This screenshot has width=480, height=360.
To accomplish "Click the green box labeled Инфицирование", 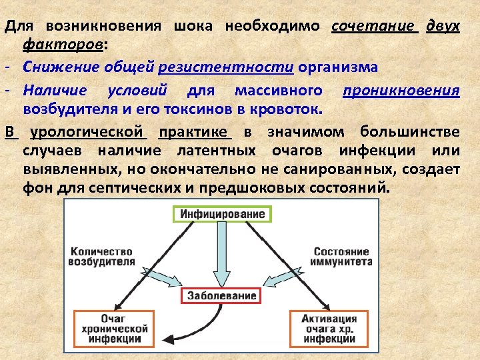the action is click(220, 214).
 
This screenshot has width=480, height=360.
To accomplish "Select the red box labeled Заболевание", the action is click(220, 295).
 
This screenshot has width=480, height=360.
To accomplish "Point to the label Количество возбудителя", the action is click(101, 257).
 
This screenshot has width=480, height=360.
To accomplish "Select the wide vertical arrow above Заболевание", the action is click(220, 257).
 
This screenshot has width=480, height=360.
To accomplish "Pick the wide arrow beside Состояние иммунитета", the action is click(283, 273).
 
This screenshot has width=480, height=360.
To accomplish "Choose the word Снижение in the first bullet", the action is click(53, 67).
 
